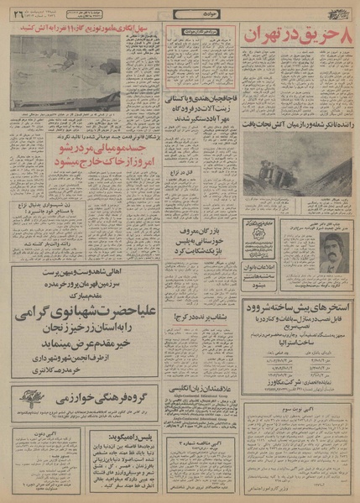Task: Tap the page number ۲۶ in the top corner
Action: pyautogui.click(x=17, y=12)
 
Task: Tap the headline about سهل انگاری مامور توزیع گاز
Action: pyautogui.click(x=88, y=29)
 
